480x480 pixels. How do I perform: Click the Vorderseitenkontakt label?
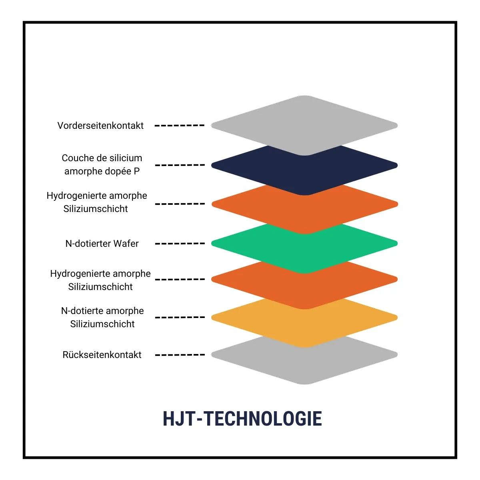[x=100, y=126]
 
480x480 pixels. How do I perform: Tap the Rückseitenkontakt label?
[x=102, y=355]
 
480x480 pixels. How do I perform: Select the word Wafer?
[x=126, y=244]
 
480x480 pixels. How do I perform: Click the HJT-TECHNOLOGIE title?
[x=242, y=419]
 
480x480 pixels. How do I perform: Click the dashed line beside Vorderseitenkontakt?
[x=180, y=126]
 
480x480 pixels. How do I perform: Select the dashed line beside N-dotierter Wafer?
[x=180, y=244]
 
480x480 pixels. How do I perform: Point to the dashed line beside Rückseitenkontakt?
[x=180, y=355]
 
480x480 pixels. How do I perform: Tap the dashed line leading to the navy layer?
[x=180, y=165]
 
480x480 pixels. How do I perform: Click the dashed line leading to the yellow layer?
[x=180, y=317]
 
